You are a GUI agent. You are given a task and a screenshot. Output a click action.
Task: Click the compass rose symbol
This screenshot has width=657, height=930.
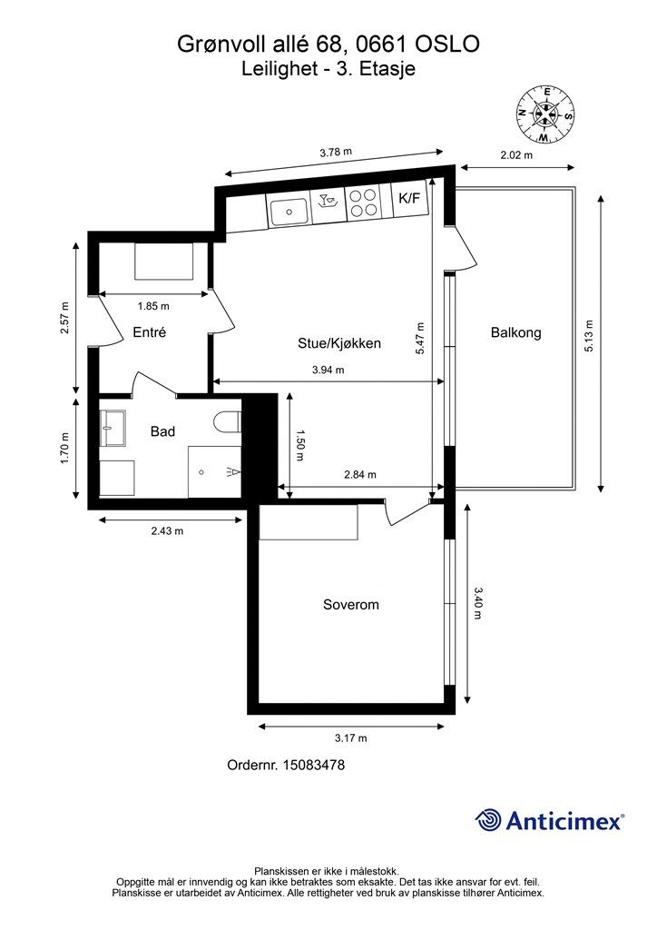545,114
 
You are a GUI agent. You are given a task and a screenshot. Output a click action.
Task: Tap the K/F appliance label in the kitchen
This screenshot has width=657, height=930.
408,198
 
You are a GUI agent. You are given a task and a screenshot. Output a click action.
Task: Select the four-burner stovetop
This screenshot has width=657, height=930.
363,203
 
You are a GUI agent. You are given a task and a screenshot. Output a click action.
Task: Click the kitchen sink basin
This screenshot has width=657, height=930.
289,212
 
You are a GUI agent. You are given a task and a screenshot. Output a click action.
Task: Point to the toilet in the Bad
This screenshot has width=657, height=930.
227,422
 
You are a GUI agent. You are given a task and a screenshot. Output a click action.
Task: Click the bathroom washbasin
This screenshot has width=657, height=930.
113,428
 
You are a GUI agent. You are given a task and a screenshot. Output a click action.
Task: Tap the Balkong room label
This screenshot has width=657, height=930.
516,332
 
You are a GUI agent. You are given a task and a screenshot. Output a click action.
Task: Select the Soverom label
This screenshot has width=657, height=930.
350,604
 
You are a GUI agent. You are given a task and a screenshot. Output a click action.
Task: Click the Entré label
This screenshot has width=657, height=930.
150,332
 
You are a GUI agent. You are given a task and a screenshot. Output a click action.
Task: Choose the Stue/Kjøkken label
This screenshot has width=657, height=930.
338,342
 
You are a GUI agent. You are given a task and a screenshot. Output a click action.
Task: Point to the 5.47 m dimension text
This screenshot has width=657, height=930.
421,339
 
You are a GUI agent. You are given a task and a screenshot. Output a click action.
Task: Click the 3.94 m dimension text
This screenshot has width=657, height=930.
328,371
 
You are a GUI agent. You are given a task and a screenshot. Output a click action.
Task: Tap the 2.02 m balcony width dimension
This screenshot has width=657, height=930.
516,155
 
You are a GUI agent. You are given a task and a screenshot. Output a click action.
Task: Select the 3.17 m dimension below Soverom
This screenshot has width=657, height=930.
350,738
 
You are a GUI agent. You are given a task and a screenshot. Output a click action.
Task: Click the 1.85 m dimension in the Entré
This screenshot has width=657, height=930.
153,307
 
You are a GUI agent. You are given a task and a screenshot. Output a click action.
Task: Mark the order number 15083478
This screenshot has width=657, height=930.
314,765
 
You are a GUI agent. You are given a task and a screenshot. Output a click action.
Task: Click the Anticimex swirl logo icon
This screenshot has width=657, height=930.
488,820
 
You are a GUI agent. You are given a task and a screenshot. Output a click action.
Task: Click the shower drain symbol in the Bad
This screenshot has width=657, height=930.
201,472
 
